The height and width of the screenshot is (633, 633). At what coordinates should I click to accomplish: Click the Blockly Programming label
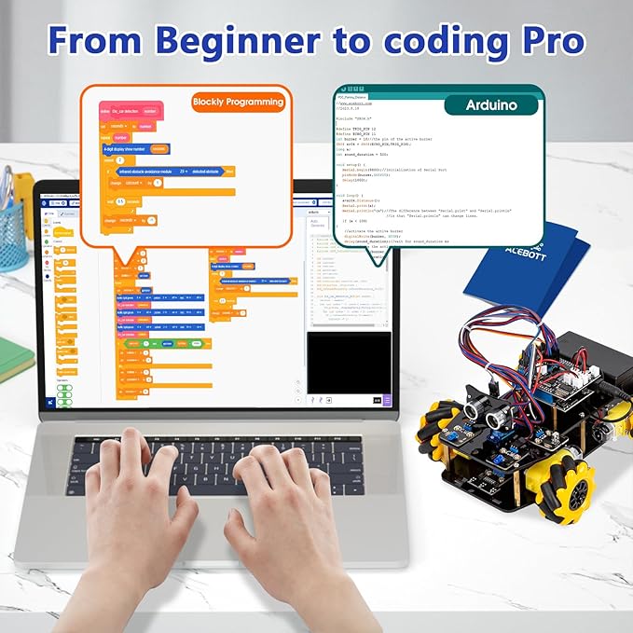coord(237,102)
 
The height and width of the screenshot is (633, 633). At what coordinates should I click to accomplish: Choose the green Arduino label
coord(491,105)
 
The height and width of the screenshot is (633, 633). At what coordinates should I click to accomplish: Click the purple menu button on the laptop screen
coord(387,400)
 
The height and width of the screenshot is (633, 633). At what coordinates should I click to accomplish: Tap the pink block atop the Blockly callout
coord(131,110)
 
